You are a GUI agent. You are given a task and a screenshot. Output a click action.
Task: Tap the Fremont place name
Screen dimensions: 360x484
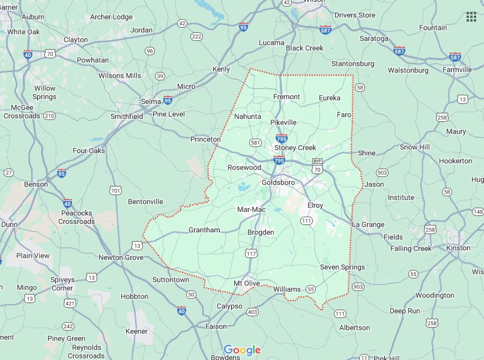click(286, 97)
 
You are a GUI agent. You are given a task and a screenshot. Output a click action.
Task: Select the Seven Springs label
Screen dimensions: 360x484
click(342, 267)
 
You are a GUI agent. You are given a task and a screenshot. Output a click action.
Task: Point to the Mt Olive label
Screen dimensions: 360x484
click(246, 283)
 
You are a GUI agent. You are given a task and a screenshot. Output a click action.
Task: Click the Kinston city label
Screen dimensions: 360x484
click(458, 248)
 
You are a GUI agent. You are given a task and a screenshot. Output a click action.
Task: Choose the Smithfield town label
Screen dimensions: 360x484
click(127, 116)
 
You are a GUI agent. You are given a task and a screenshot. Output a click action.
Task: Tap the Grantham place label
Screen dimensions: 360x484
click(204, 230)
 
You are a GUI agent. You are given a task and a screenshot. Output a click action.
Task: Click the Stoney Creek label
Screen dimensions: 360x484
click(295, 148)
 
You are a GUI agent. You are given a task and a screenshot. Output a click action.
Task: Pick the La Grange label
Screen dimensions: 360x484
click(368, 224)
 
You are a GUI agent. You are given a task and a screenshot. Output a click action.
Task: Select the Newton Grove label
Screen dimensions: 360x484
click(121, 257)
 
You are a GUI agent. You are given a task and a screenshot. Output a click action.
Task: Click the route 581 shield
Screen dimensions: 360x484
click(255, 143)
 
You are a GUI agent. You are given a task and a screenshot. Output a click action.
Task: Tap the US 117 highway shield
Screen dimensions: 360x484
click(250, 253)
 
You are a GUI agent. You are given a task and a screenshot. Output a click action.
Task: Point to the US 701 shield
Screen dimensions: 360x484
click(116, 191)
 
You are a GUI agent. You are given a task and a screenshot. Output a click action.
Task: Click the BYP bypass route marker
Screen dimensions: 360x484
click(318, 162)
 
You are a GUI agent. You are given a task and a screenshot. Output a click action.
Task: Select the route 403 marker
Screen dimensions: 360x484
click(252, 312)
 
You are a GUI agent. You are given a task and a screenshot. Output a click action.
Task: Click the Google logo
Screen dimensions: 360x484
click(242, 350)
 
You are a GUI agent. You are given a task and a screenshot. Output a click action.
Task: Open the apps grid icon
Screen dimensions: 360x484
click(471, 16)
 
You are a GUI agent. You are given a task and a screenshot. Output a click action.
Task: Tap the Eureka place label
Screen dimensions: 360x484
click(329, 98)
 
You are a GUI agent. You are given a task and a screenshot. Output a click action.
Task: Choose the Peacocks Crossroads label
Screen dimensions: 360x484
click(77, 217)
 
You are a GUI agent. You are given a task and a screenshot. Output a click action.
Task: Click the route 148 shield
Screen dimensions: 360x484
click(477, 212)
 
